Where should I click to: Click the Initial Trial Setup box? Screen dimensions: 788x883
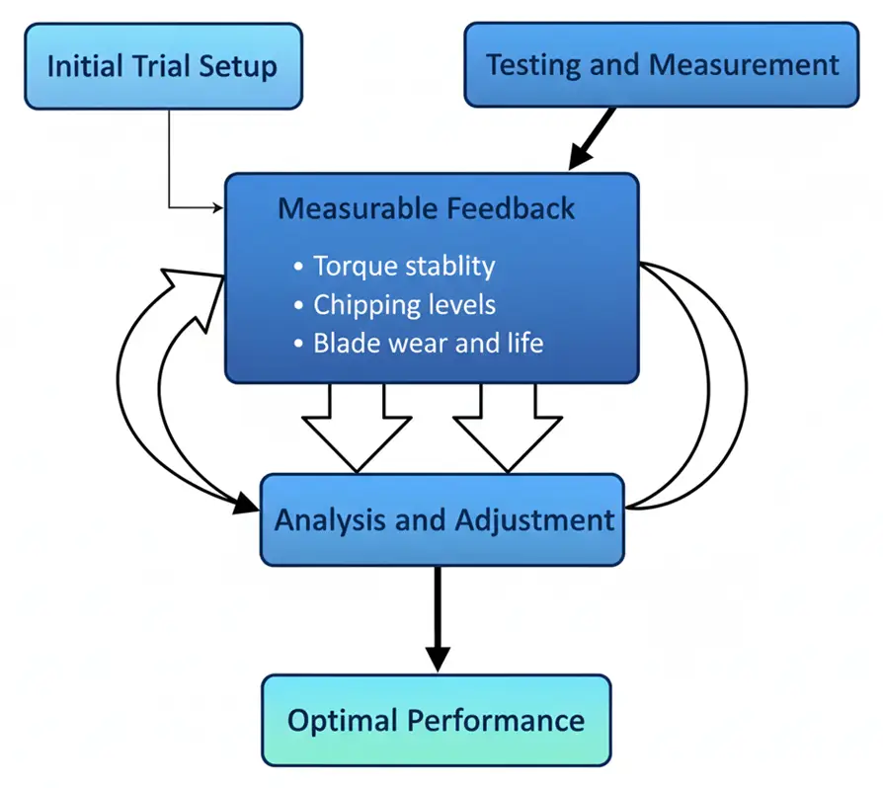pyautogui.click(x=162, y=66)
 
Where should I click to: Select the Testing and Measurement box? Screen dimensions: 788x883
pyautogui.click(x=662, y=66)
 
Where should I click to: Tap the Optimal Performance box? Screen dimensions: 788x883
pyautogui.click(x=436, y=719)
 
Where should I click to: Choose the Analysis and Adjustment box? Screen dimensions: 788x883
pyautogui.click(x=443, y=520)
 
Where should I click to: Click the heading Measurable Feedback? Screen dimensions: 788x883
pyautogui.click(x=426, y=208)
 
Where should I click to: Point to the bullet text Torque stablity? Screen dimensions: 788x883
pyautogui.click(x=404, y=266)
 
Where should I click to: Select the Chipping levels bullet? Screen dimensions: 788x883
pyautogui.click(x=404, y=305)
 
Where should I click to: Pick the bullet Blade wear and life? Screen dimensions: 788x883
pyautogui.click(x=428, y=344)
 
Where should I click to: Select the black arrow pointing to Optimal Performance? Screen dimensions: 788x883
pyautogui.click(x=438, y=618)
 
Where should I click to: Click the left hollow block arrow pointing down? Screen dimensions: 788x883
pyautogui.click(x=357, y=426)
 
